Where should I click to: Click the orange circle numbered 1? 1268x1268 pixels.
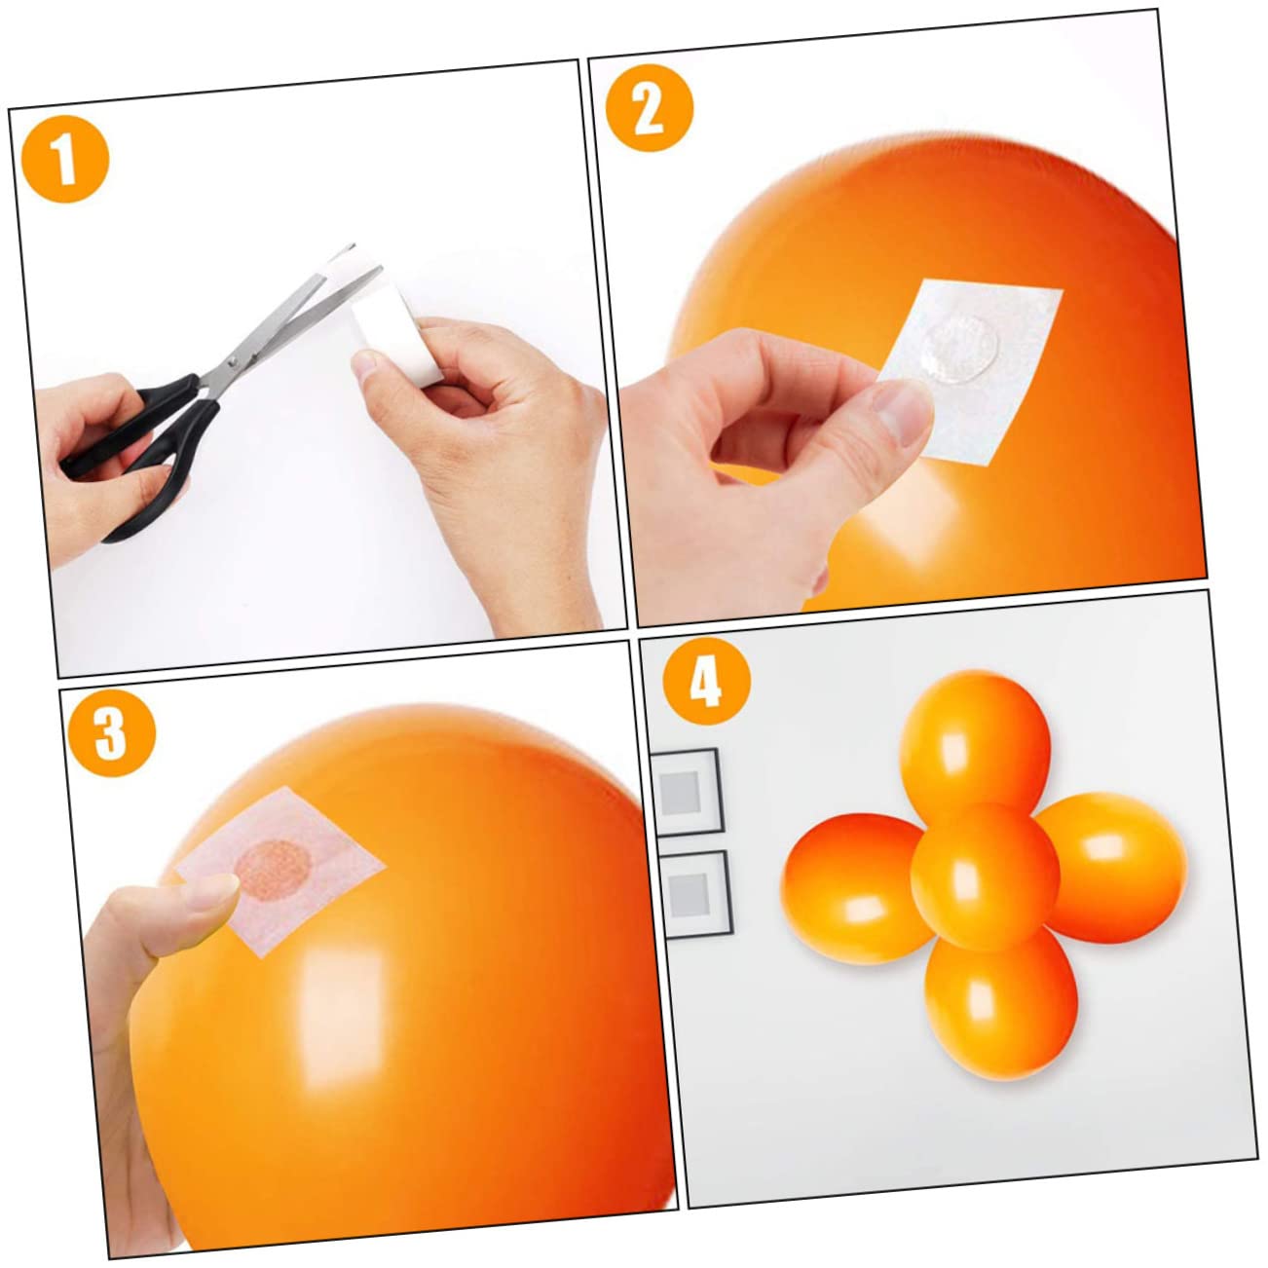[x=65, y=159]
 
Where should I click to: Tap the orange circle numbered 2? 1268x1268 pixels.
[x=650, y=108]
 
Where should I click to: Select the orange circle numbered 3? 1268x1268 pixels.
[x=112, y=732]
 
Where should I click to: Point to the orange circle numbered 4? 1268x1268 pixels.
[x=707, y=681]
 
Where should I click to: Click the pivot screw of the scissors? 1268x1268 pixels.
[x=232, y=361]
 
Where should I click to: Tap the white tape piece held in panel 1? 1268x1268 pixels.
[x=396, y=332]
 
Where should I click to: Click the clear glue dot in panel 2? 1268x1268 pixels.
[x=960, y=348]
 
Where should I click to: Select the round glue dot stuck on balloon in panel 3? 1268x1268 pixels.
[x=273, y=872]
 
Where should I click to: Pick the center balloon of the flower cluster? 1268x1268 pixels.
[x=985, y=876]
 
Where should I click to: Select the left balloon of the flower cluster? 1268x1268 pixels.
[x=854, y=888]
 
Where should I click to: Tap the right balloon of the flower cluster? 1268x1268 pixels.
[x=1111, y=868]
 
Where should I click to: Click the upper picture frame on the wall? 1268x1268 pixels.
[x=687, y=792]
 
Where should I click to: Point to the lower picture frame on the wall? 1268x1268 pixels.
[x=696, y=894]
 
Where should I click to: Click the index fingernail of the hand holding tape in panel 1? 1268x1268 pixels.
[x=364, y=362]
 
